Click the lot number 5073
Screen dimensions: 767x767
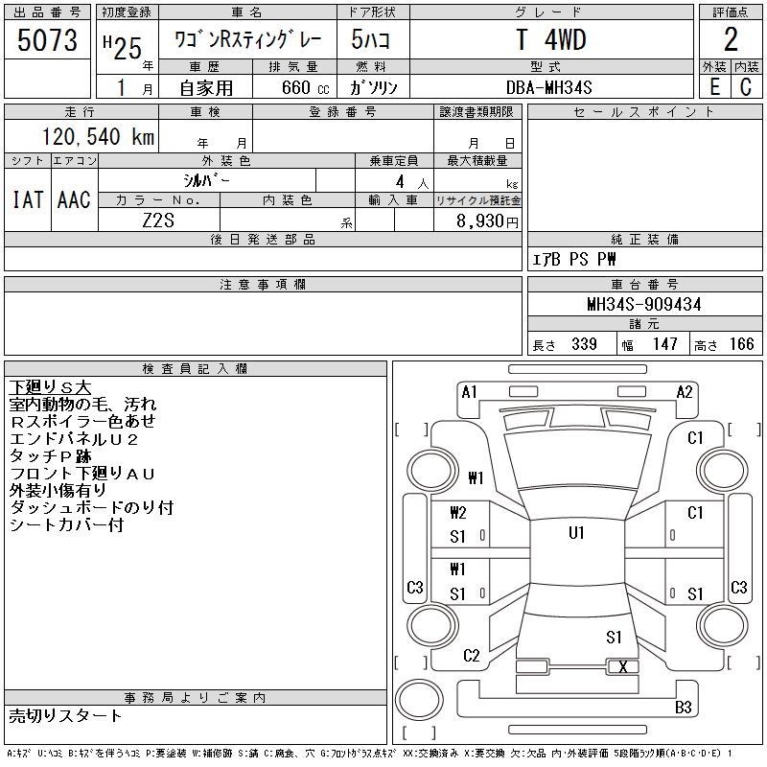(48, 40)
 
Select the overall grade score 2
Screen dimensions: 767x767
(731, 40)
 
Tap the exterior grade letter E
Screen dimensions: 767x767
(713, 86)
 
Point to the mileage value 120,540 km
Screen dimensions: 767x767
(96, 137)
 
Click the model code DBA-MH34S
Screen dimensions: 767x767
(550, 87)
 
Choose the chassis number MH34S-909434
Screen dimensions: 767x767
(643, 305)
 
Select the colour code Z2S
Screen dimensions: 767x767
(158, 221)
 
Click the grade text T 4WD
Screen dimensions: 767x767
(550, 40)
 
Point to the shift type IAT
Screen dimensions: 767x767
(27, 199)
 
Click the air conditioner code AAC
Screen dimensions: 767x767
(74, 199)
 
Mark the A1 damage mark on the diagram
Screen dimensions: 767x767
(469, 391)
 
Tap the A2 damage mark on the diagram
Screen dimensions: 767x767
(685, 391)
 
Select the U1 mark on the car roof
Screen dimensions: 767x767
(576, 533)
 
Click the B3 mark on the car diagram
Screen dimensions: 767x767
(684, 708)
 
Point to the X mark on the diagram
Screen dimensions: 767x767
(623, 666)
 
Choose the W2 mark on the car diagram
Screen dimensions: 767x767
(458, 513)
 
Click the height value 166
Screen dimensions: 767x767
(740, 344)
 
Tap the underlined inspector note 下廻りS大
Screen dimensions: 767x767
(50, 387)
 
